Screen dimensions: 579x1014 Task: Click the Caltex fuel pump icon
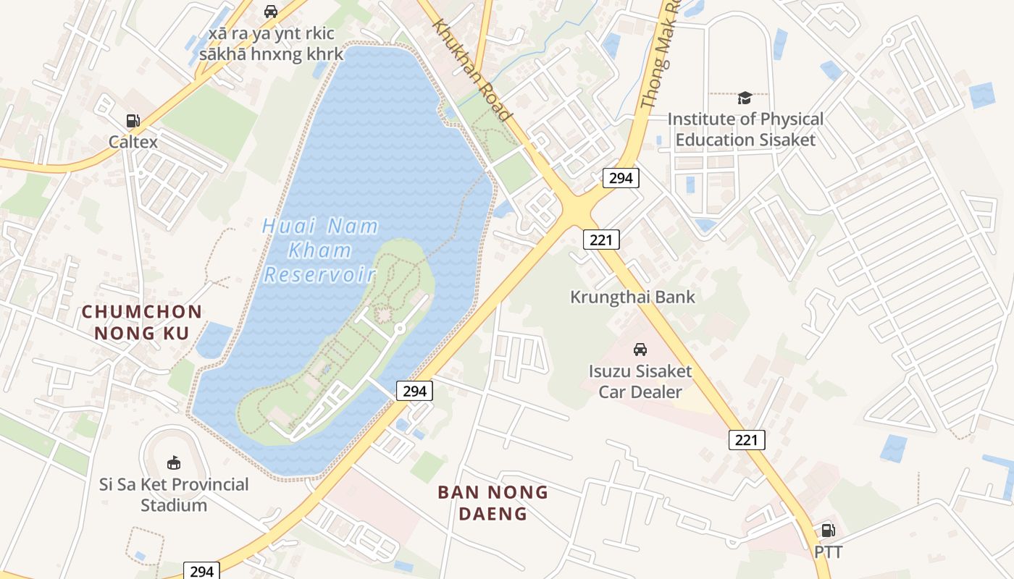(133, 121)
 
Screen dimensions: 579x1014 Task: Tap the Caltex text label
(133, 142)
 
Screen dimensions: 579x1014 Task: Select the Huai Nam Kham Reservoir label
(320, 250)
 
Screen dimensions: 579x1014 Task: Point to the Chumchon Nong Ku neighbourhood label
(141, 322)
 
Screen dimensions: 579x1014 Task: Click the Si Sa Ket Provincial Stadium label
(174, 494)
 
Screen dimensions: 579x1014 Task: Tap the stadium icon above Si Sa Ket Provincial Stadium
(174, 462)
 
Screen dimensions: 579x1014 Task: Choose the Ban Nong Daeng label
(493, 503)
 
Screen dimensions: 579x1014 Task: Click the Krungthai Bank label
(632, 297)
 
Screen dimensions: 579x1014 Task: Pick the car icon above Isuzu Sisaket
(640, 350)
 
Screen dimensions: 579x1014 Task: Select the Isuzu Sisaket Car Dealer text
(640, 382)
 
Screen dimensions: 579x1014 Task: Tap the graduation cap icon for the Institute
(745, 98)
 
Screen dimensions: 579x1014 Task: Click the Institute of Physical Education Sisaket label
(745, 130)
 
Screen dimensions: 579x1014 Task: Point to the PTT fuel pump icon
(828, 531)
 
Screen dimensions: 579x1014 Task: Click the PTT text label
(829, 552)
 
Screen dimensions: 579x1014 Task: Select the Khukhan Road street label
(472, 69)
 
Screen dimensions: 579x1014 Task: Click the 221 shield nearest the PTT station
(747, 439)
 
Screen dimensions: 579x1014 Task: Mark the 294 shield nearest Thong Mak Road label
(621, 178)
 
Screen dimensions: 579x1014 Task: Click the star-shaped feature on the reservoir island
(382, 313)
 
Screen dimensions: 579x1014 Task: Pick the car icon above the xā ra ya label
(271, 12)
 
